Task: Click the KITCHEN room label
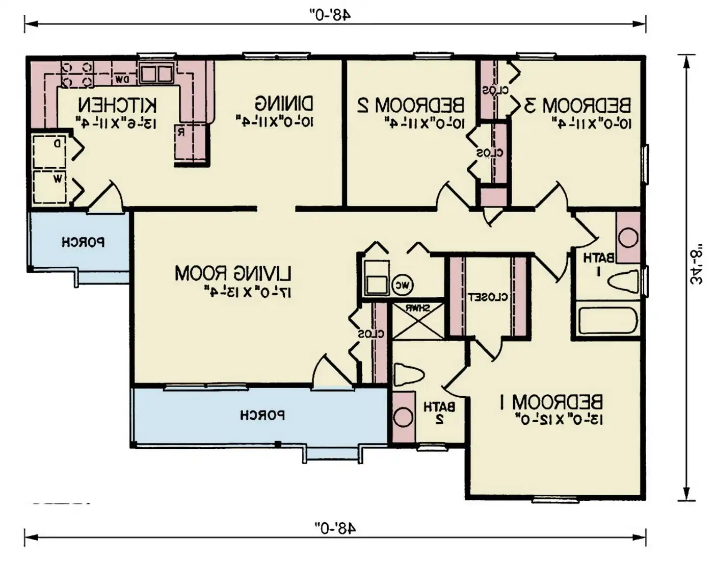[x=117, y=105]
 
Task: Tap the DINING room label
[x=284, y=104]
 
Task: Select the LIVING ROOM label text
[x=233, y=273]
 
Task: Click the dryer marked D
[x=50, y=151]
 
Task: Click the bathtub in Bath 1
[x=607, y=320]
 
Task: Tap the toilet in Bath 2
[x=409, y=375]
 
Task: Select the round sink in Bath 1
[x=627, y=238]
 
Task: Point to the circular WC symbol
[x=403, y=285]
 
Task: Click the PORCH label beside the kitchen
[x=83, y=242]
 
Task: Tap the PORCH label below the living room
[x=262, y=416]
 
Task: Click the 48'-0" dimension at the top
[x=331, y=14]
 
